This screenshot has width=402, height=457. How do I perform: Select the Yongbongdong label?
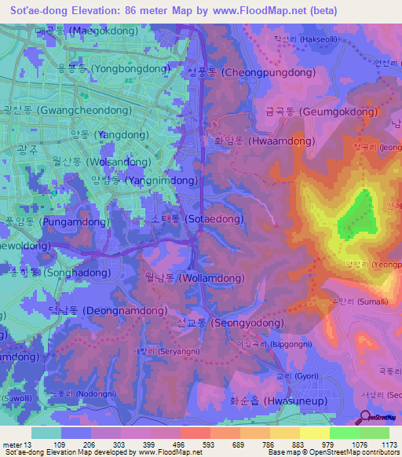114,69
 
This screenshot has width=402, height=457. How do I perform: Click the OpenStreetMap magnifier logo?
365,418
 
